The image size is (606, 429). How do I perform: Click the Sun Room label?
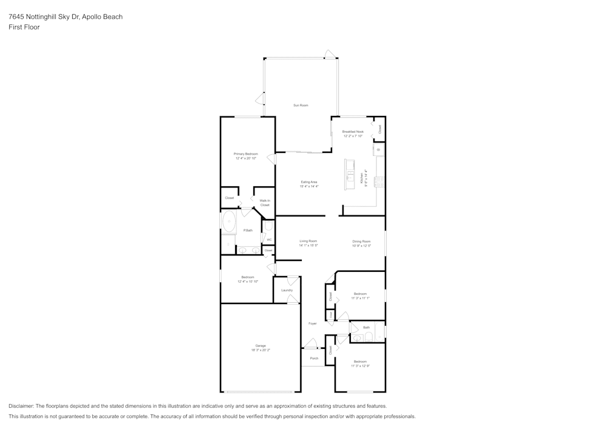(x=301, y=106)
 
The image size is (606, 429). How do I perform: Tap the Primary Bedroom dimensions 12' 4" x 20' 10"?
(x=246, y=158)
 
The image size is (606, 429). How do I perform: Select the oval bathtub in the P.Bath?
(x=229, y=222)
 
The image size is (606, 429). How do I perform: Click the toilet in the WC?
(x=268, y=227)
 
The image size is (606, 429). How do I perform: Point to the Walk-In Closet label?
(x=265, y=203)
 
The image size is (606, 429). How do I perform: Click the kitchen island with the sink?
(x=350, y=174)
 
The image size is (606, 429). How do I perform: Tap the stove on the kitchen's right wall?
(x=380, y=181)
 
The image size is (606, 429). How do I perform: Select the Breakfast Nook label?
(x=353, y=132)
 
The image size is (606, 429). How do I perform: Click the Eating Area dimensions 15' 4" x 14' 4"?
(x=309, y=186)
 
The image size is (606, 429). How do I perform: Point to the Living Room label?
(x=308, y=241)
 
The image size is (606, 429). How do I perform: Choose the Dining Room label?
(x=361, y=241)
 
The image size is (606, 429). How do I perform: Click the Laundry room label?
(x=287, y=290)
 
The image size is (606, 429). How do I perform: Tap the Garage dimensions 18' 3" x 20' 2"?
(x=261, y=350)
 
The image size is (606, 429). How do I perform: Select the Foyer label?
(x=313, y=323)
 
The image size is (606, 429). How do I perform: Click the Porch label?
(x=314, y=358)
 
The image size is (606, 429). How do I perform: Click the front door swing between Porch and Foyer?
(x=311, y=345)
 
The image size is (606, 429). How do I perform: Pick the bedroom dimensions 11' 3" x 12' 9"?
(x=361, y=366)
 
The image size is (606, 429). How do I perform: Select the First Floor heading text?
(x=24, y=27)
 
